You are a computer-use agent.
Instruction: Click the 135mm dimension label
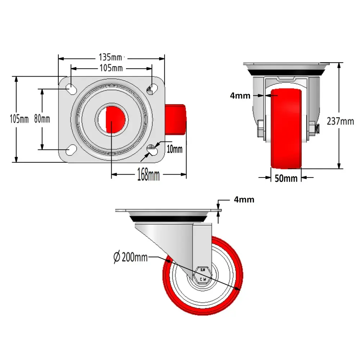(111, 57)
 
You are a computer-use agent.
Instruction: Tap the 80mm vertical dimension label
(42, 118)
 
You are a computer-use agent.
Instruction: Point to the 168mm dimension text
(148, 175)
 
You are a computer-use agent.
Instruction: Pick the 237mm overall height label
(340, 121)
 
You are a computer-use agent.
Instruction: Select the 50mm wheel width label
(286, 178)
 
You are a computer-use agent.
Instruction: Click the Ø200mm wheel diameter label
(130, 257)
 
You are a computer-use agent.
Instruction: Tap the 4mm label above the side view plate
(244, 199)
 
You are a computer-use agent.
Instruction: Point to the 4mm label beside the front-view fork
(240, 96)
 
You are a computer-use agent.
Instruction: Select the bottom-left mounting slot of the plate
(71, 150)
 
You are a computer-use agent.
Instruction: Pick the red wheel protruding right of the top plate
(176, 119)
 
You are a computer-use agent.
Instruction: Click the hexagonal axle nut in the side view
(203, 275)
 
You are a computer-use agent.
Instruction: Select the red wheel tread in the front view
(286, 130)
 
